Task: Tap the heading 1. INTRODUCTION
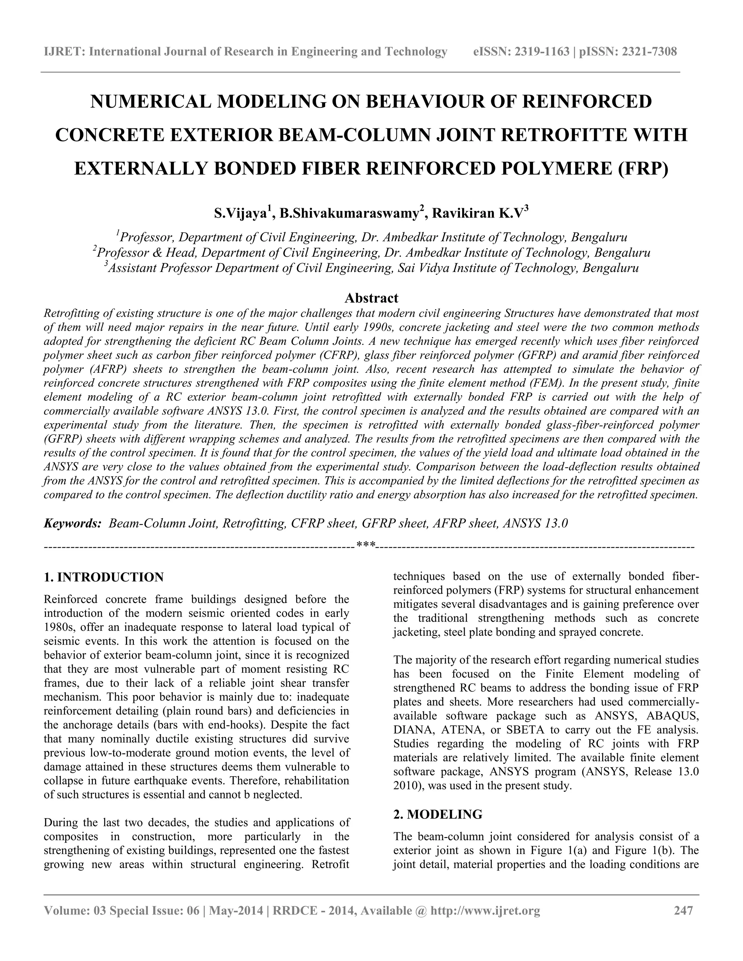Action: point(104,577)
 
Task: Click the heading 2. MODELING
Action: point(438,814)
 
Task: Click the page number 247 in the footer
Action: point(684,910)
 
